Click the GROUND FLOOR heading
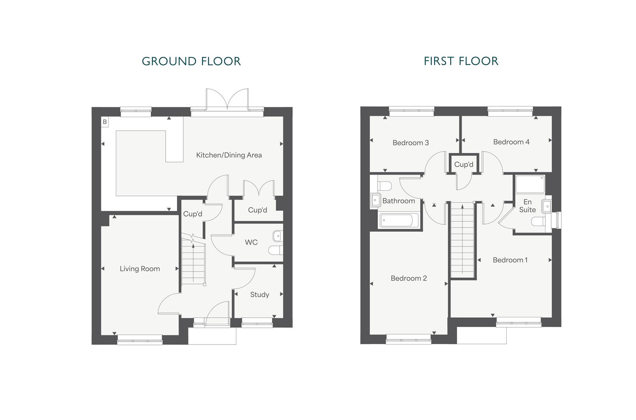click(x=191, y=61)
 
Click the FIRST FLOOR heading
click(x=461, y=61)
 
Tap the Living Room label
click(x=140, y=269)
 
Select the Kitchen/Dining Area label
click(x=229, y=155)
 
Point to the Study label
click(x=260, y=295)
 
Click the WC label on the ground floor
click(x=251, y=242)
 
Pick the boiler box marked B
click(x=105, y=122)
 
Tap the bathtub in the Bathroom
click(x=399, y=220)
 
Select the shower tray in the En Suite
click(x=530, y=185)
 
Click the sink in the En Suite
click(x=547, y=206)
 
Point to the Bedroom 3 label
click(x=411, y=143)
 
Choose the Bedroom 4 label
click(x=511, y=142)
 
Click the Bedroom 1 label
click(x=510, y=260)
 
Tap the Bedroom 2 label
click(x=409, y=278)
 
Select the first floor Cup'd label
click(x=464, y=164)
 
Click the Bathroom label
click(x=398, y=201)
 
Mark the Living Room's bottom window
click(x=140, y=339)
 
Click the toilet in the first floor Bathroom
click(x=385, y=186)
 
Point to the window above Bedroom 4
click(x=510, y=111)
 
